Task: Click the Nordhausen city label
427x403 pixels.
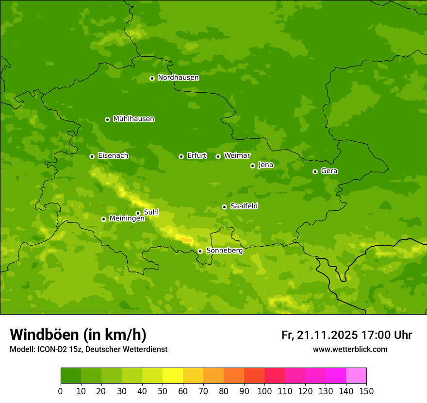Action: [x=178, y=78]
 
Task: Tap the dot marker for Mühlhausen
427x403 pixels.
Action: [x=107, y=119]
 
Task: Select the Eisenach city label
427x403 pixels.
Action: [x=113, y=156]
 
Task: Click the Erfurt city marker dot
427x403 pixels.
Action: [x=181, y=156]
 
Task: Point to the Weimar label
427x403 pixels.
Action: [x=237, y=156]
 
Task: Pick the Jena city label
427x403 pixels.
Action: [x=265, y=165]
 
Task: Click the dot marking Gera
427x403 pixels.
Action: [x=315, y=171]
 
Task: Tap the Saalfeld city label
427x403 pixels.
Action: [x=244, y=206]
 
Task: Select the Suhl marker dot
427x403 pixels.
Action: [x=138, y=213]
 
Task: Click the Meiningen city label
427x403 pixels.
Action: [x=127, y=218]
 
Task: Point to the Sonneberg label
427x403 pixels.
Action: [x=224, y=251]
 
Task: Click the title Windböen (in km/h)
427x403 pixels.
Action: [x=78, y=335]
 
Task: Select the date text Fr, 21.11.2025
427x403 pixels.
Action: [x=319, y=335]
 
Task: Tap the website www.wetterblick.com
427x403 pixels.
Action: [x=350, y=349]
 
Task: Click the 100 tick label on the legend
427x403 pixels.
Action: [x=264, y=391]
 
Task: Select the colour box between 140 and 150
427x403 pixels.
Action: [x=356, y=376]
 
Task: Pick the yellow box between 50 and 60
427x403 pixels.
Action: [x=173, y=376]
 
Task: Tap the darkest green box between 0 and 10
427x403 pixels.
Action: [x=71, y=376]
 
